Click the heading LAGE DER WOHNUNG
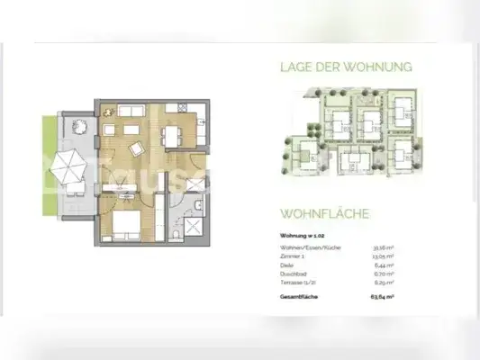(x=346, y=67)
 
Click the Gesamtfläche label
(x=298, y=294)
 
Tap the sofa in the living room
(x=126, y=111)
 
